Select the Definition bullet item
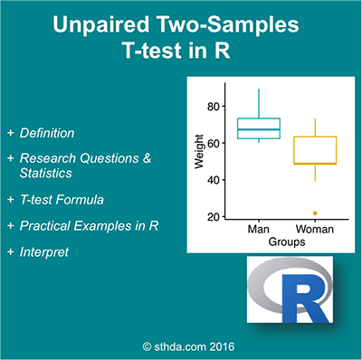[62, 133]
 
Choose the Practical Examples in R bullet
[89, 224]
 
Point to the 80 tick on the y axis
[214, 107]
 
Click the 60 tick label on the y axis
[214, 144]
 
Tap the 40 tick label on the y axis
[214, 180]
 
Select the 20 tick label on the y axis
[214, 217]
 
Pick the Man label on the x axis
[259, 231]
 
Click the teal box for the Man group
[259, 128]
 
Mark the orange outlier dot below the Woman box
[313, 213]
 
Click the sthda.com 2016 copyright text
[181, 345]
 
